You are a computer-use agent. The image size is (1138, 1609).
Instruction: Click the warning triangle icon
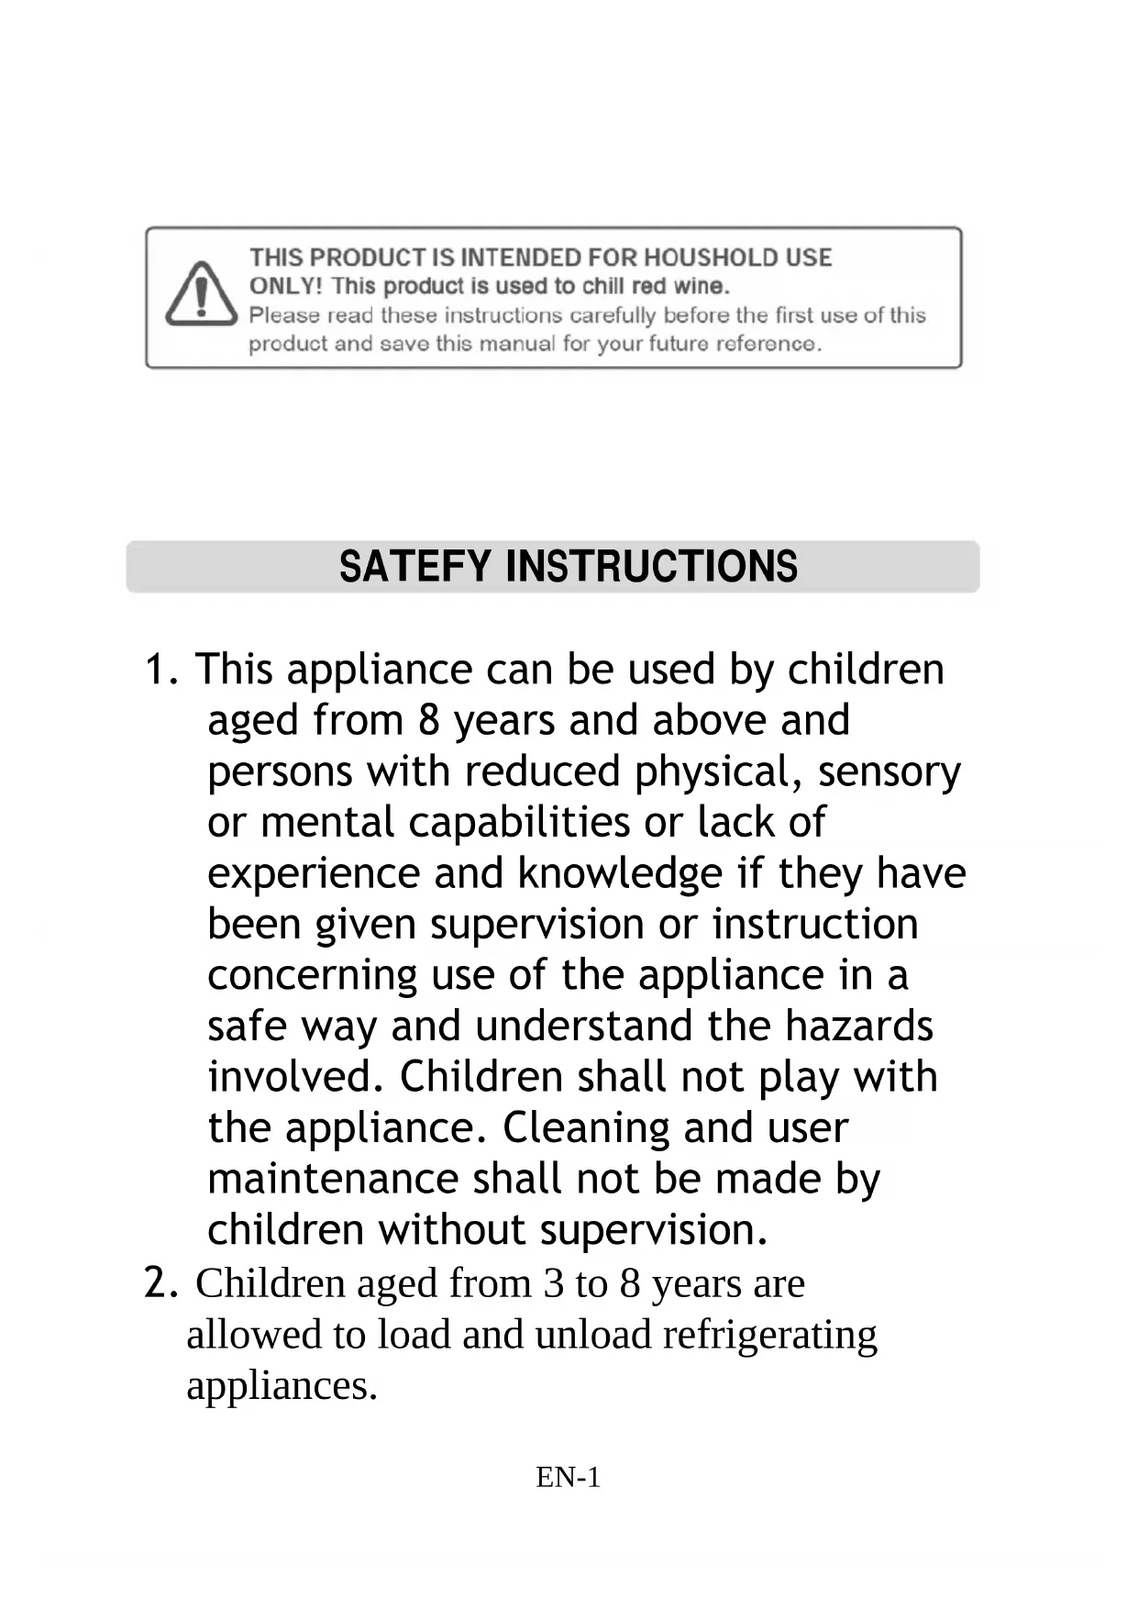(x=202, y=294)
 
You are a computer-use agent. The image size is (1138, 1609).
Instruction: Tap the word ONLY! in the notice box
(x=285, y=286)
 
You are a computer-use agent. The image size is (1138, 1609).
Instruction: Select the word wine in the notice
(x=702, y=286)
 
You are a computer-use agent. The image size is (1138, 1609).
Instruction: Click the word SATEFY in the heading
(x=414, y=567)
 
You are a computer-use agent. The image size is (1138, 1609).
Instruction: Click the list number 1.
(x=158, y=671)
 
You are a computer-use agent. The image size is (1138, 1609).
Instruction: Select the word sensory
(x=889, y=771)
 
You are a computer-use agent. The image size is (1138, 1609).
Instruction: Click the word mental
(x=327, y=823)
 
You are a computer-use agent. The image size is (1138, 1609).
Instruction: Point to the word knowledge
(x=620, y=874)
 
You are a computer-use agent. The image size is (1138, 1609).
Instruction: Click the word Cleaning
(x=585, y=1128)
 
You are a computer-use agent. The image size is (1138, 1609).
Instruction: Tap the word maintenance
(x=332, y=1180)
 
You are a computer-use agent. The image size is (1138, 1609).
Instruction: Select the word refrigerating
(x=769, y=1336)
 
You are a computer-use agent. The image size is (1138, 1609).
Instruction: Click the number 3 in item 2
(x=553, y=1284)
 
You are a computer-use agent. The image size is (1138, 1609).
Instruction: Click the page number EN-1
(x=569, y=1478)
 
